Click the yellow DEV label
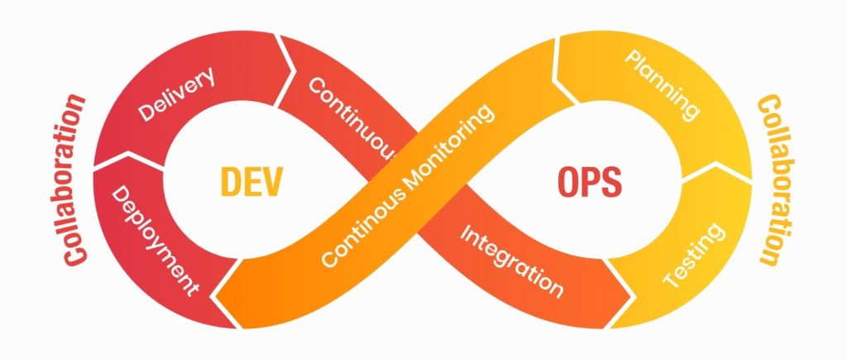tap(251, 180)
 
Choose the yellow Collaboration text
tap(770, 180)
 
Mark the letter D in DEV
tap(231, 180)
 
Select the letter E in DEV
tap(252, 180)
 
